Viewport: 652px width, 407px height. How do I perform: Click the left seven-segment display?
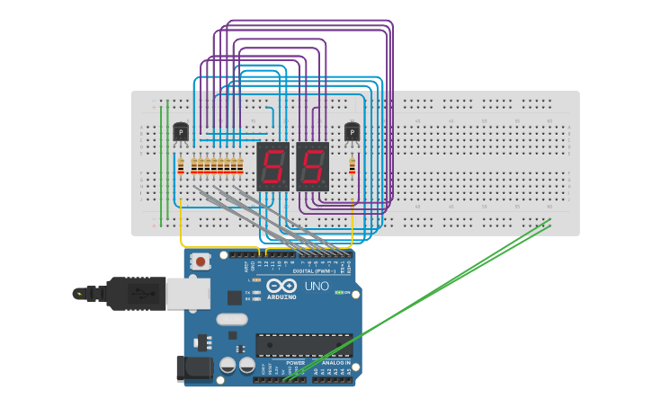[x=272, y=166]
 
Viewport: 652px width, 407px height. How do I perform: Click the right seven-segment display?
[x=312, y=166]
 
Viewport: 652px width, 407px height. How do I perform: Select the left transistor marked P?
[x=181, y=133]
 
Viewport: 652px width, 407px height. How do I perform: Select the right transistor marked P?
[x=352, y=133]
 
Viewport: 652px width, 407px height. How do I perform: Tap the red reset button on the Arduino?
[x=201, y=261]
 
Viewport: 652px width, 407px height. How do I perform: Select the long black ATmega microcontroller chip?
[x=304, y=345]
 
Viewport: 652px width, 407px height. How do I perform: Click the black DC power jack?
[x=194, y=367]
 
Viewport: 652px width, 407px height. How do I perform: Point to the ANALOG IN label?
[x=335, y=362]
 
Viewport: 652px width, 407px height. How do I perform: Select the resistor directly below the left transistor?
[x=181, y=165]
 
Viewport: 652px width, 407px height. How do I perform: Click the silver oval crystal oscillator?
[x=231, y=318]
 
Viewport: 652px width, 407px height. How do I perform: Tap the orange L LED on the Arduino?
[x=256, y=280]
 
